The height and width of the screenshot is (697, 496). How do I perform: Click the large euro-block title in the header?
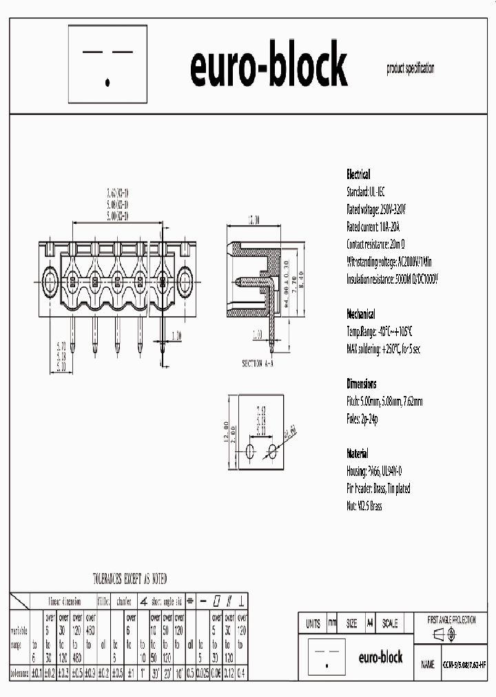point(268,67)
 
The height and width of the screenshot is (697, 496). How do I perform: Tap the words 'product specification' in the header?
point(411,68)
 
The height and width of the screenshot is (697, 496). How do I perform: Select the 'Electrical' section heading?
point(358,174)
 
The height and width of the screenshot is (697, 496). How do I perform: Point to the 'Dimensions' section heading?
point(362,384)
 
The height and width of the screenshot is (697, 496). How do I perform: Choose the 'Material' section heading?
point(358,454)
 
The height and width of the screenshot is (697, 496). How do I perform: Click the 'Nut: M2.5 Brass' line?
point(364,506)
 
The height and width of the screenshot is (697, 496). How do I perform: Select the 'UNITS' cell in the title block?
point(313,623)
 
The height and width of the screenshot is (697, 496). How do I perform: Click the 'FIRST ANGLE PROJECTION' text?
point(451,620)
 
